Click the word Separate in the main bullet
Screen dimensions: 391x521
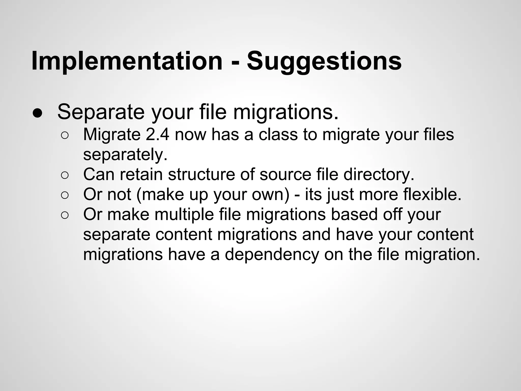click(x=101, y=112)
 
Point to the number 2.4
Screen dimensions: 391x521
click(x=157, y=134)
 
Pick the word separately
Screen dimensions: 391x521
click(x=125, y=155)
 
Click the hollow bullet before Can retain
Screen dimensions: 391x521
click(x=65, y=175)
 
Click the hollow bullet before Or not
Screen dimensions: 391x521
click(x=65, y=195)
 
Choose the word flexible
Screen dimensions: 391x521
click(x=432, y=194)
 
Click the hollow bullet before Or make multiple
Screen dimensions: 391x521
click(x=65, y=215)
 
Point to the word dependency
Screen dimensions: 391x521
click(x=272, y=254)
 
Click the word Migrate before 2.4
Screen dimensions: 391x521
click(x=112, y=134)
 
